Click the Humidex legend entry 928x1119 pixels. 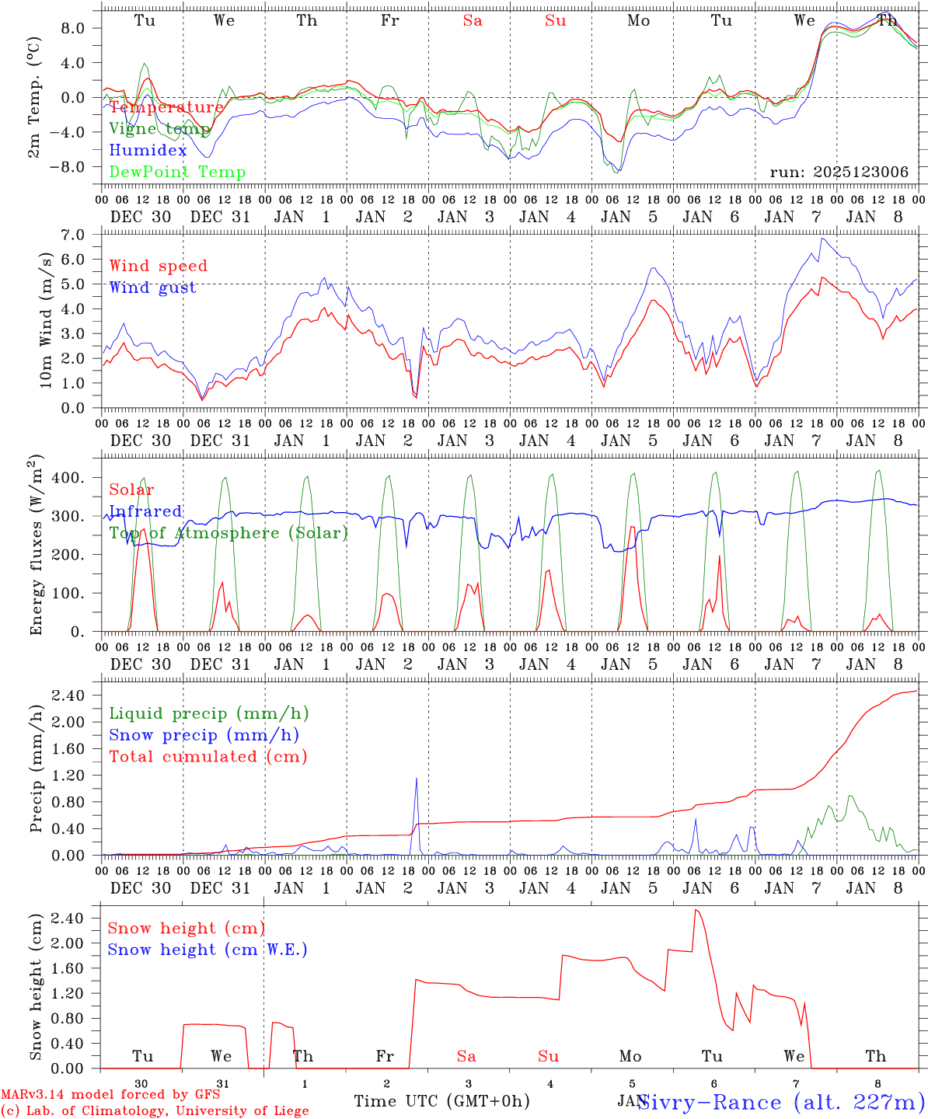(148, 151)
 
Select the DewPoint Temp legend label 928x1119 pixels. (177, 173)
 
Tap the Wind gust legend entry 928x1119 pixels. (152, 288)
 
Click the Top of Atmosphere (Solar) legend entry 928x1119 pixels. (228, 533)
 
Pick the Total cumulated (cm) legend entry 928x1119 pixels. (208, 756)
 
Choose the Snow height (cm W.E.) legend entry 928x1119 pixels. (207, 950)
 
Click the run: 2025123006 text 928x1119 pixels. (839, 173)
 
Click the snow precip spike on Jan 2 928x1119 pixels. (417, 779)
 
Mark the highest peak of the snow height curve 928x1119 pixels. (696, 910)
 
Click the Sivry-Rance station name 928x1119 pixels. (780, 1102)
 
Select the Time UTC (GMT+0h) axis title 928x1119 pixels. (442, 1101)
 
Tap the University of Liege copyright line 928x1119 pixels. (155, 1111)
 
